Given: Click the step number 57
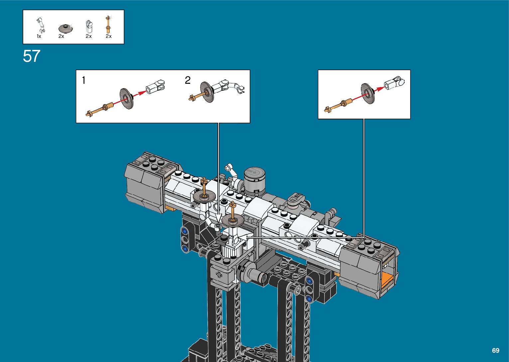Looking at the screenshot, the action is coord(32,56).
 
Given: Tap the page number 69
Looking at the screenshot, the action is coord(496,350).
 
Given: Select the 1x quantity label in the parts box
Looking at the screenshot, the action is coord(39,36).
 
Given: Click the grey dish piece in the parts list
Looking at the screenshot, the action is coord(66,28).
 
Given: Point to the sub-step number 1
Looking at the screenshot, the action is coord(84,80).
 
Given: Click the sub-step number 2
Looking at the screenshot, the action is coord(188,80).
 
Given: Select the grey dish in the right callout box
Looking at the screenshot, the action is coord(368,93).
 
